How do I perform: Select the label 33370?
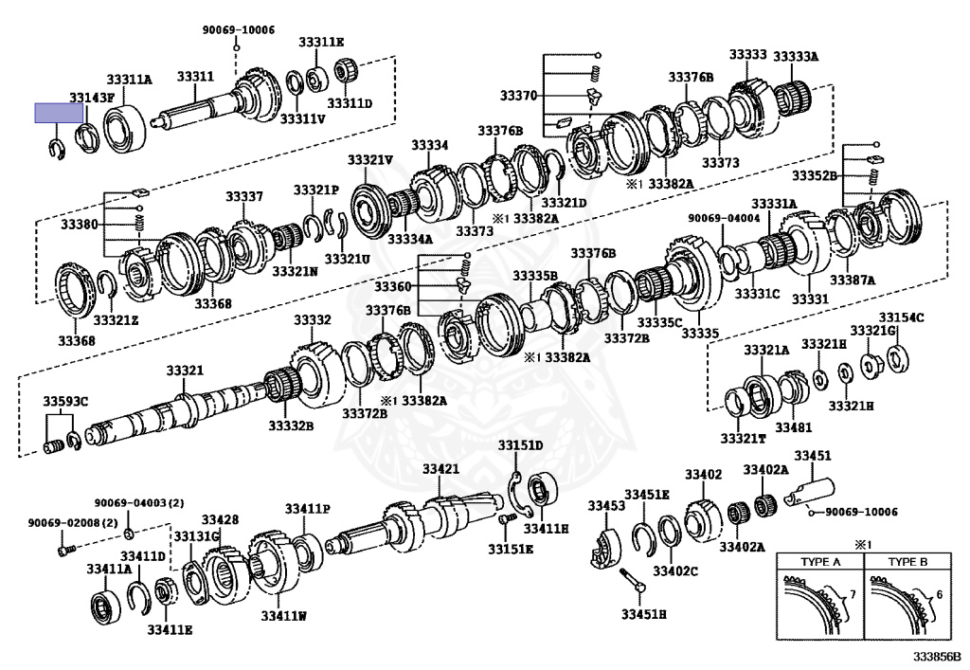[x=518, y=96]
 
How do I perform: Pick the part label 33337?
[x=243, y=196]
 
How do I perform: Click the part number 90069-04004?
[x=719, y=218]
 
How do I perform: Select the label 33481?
[x=794, y=427]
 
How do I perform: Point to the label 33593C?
[x=65, y=402]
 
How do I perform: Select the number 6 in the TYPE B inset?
[x=938, y=595]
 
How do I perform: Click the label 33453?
[x=606, y=506]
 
